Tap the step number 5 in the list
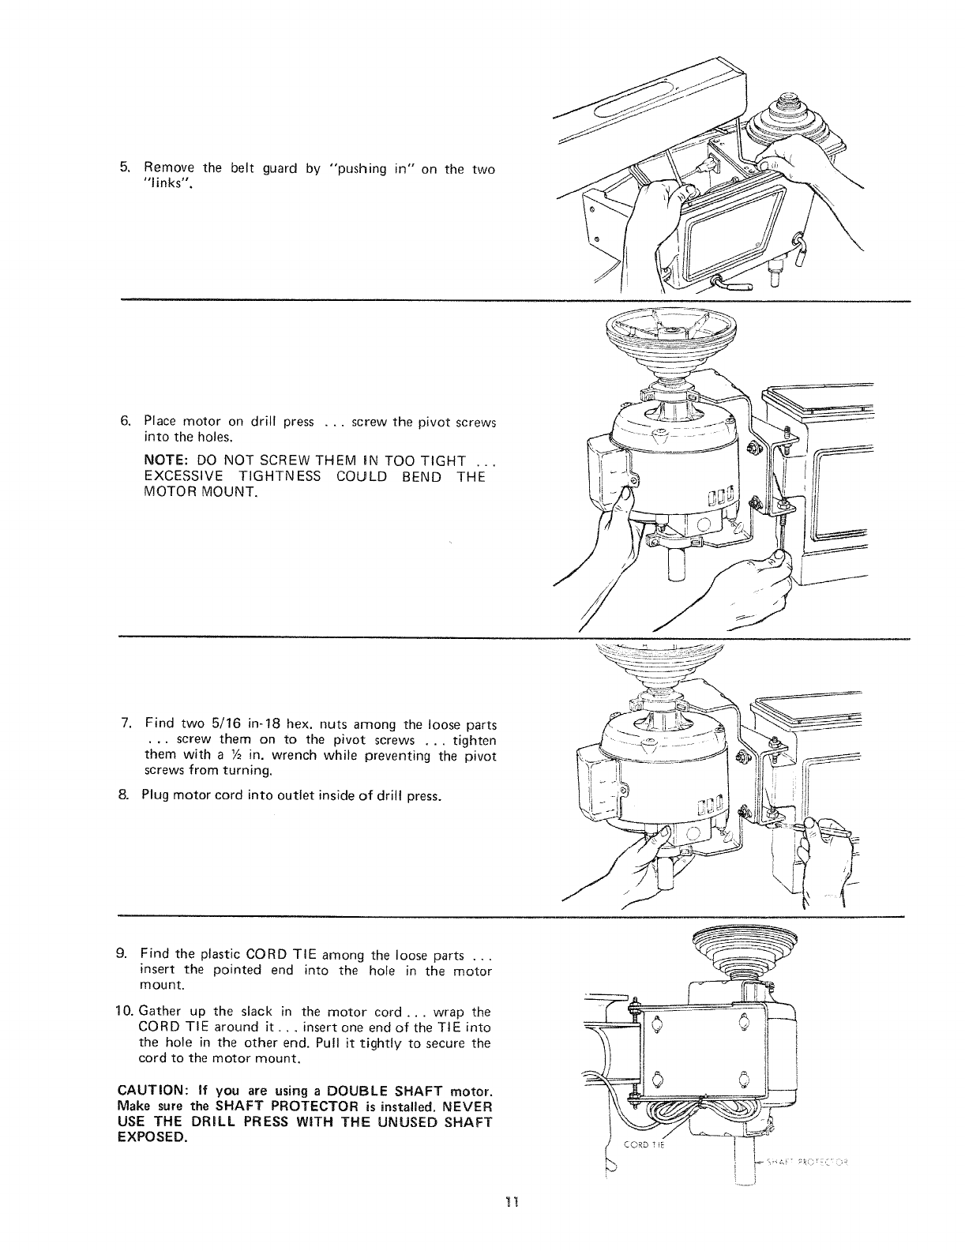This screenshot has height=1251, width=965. (x=124, y=167)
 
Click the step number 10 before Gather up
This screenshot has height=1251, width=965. (x=128, y=1012)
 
